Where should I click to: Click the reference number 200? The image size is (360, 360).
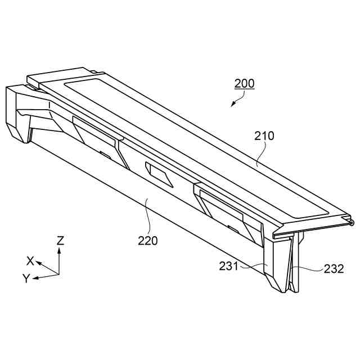tap(244, 83)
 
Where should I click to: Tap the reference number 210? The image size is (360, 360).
tap(264, 136)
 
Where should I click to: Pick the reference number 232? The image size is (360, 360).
tap(334, 269)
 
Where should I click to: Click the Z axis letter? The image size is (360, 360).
tap(60, 241)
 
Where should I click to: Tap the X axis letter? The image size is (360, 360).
tap(30, 260)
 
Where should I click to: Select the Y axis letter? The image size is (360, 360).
tap(25, 278)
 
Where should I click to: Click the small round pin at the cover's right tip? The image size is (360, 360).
tap(352, 223)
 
